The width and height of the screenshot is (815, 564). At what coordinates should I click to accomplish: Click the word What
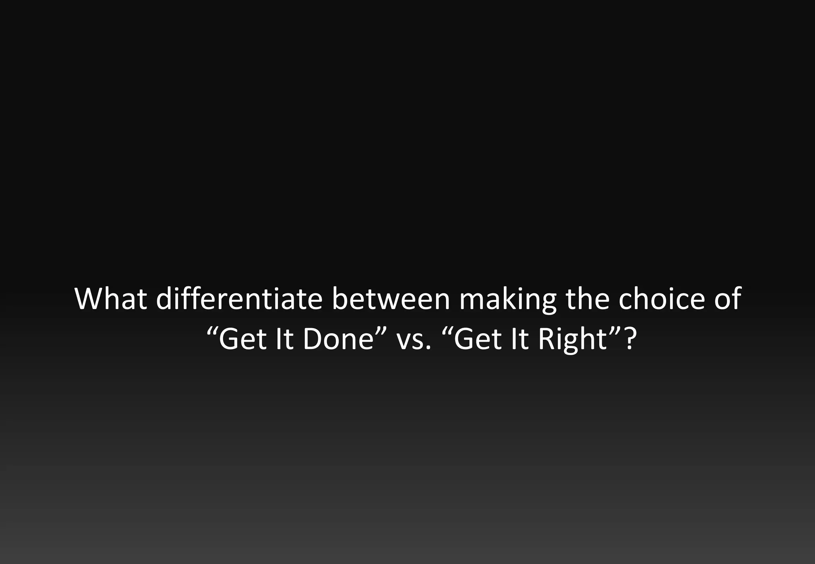pyautogui.click(x=111, y=299)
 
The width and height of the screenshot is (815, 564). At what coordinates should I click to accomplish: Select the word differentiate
pyautogui.click(x=239, y=299)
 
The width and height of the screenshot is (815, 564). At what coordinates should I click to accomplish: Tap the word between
pyautogui.click(x=391, y=299)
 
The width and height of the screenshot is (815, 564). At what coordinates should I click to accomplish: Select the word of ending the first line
pyautogui.click(x=727, y=299)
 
